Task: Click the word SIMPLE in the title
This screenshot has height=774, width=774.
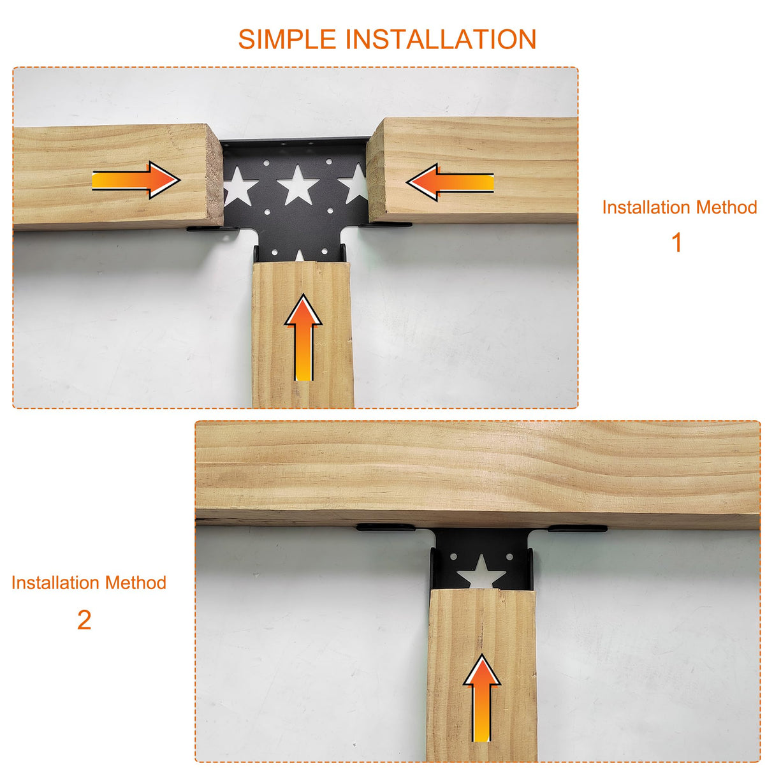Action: click(x=287, y=40)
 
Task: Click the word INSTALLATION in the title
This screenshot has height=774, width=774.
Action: click(x=441, y=40)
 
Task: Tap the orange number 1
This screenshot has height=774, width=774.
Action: click(x=677, y=243)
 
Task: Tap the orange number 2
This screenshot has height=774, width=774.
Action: click(x=84, y=620)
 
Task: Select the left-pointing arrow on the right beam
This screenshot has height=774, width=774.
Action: click(x=450, y=182)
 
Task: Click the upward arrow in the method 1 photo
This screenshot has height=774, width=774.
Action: click(x=303, y=338)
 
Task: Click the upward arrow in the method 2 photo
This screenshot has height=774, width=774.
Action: click(x=482, y=698)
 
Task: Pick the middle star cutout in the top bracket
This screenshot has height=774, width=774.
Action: click(x=298, y=185)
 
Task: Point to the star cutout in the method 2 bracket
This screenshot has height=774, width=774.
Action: click(x=482, y=572)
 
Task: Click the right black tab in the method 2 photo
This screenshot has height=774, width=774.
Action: click(x=577, y=529)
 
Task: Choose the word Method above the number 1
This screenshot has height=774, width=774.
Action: click(x=726, y=207)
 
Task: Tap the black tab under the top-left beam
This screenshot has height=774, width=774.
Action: click(x=203, y=228)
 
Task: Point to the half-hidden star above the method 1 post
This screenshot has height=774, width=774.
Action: click(x=300, y=256)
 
